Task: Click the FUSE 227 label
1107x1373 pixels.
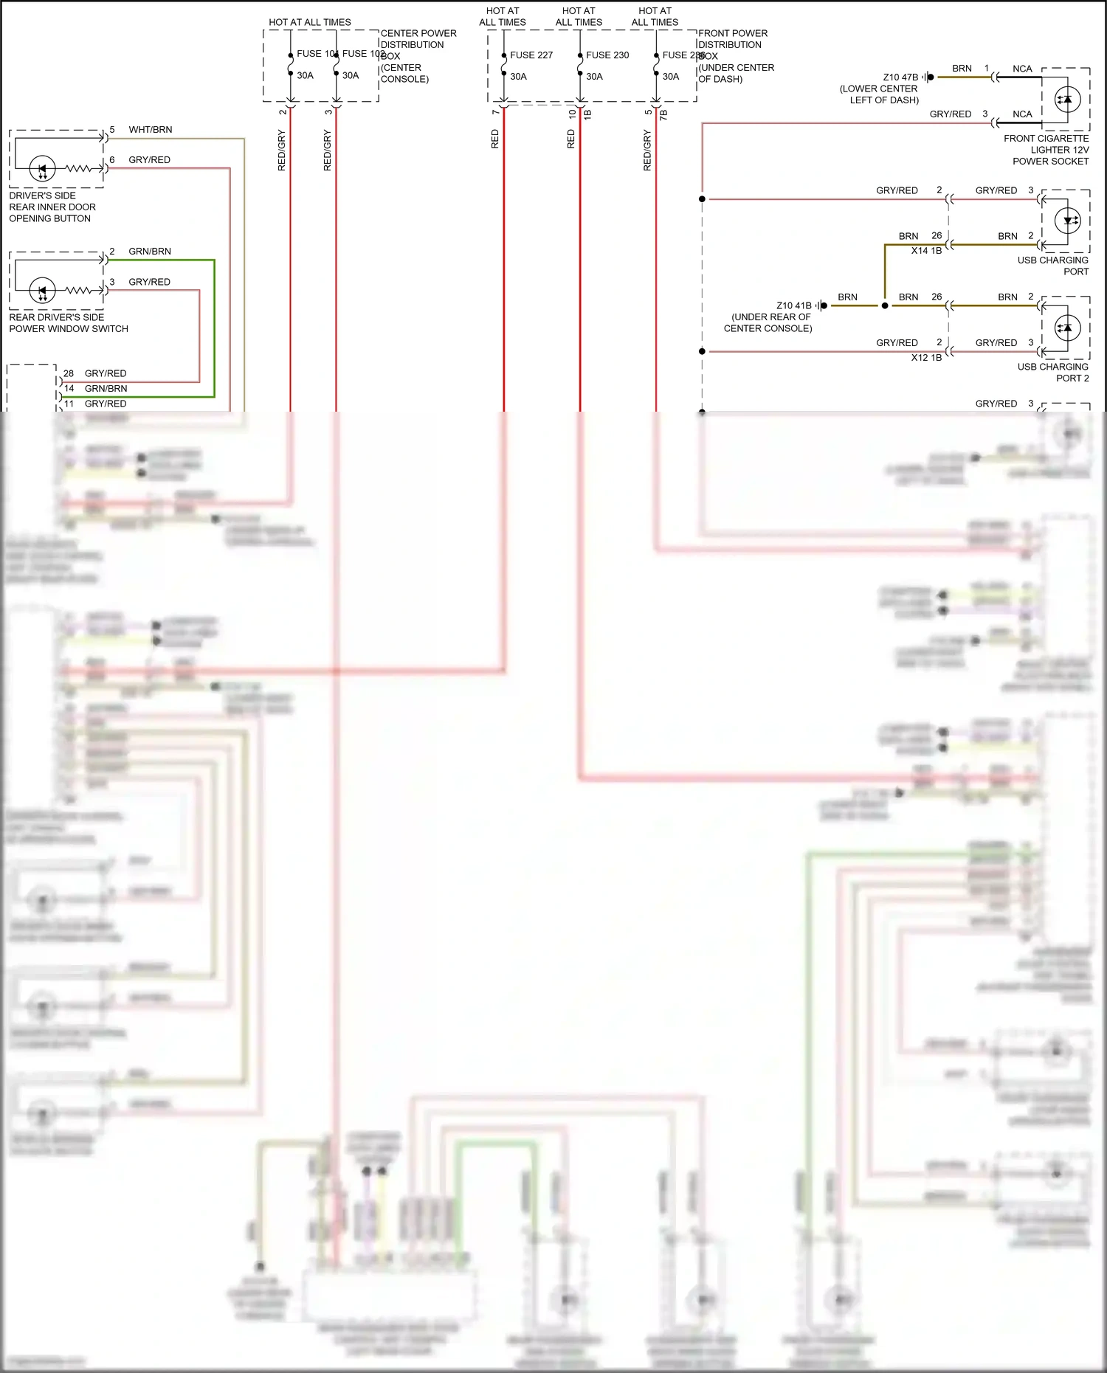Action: (531, 55)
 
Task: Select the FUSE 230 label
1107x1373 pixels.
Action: (607, 55)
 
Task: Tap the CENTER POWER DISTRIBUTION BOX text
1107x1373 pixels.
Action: (418, 56)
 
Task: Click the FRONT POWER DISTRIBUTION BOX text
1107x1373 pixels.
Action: (735, 56)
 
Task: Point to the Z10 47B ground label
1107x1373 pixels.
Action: (900, 77)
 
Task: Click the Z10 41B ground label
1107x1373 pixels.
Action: (793, 305)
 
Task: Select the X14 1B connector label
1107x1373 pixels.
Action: (926, 251)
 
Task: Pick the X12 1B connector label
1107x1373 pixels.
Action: (926, 358)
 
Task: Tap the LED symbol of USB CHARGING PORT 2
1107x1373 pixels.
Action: (1067, 328)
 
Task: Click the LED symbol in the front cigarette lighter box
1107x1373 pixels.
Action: (1067, 99)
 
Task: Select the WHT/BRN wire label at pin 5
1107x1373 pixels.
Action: (151, 130)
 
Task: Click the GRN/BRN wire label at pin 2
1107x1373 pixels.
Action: (150, 252)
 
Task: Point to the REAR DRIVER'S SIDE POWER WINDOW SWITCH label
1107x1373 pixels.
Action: (68, 323)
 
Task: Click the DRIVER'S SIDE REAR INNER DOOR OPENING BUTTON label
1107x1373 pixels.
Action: (52, 207)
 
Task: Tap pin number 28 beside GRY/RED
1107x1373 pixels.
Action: (69, 373)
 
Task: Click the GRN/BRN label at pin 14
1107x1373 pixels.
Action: (106, 389)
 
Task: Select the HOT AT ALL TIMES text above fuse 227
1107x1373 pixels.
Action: (503, 17)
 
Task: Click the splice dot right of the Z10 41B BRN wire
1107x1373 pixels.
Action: (885, 305)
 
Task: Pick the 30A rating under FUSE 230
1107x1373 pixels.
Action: (594, 77)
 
